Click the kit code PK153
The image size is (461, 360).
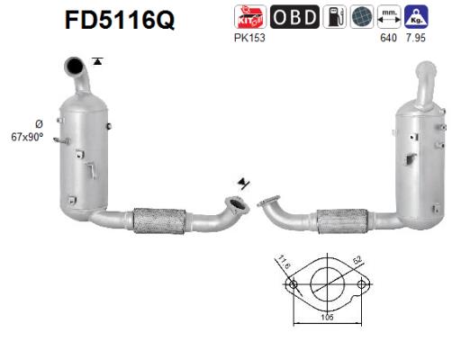coord(245,38)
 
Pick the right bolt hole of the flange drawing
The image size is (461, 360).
coord(361,285)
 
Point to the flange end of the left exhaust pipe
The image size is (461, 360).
coord(237,206)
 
